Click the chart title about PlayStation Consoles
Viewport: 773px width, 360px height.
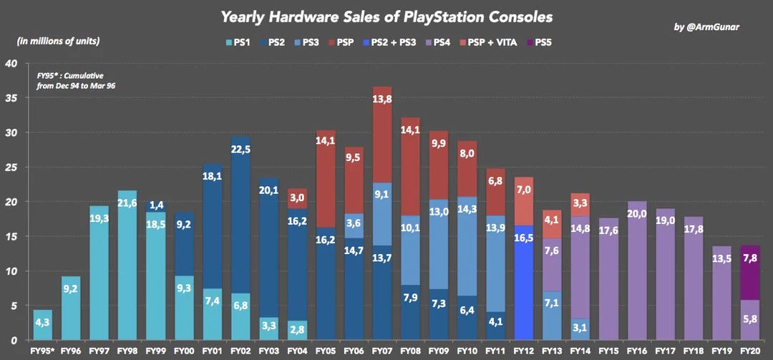click(386, 16)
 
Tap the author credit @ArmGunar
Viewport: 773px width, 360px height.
click(708, 27)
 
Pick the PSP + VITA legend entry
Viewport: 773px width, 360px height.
click(489, 43)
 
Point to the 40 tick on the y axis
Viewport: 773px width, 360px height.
click(11, 63)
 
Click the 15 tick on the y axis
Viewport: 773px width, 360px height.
click(11, 236)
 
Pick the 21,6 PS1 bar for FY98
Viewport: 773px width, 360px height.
click(127, 265)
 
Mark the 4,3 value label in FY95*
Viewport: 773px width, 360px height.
click(42, 324)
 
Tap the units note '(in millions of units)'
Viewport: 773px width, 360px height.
click(58, 41)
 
